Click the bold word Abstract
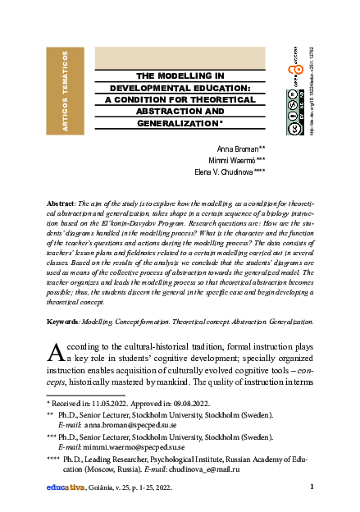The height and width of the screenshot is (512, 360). tap(62, 203)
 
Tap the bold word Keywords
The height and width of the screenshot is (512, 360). tap(63, 324)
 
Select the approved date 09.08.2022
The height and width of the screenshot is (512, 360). tap(189, 405)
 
